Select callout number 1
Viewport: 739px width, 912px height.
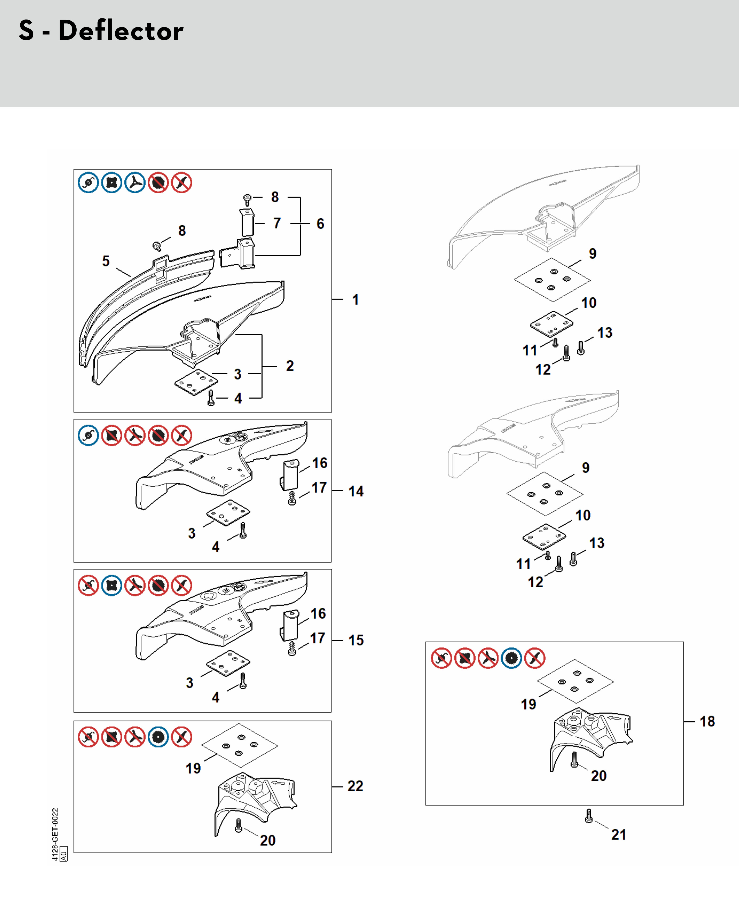tap(355, 300)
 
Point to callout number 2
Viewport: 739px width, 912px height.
tap(290, 366)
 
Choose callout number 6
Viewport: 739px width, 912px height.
tap(320, 224)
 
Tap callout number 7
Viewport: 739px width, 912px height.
tap(277, 223)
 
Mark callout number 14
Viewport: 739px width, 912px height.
tap(356, 491)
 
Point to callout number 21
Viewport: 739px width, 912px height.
tap(619, 835)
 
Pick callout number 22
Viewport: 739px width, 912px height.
tap(355, 786)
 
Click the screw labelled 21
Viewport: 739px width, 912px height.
tap(589, 816)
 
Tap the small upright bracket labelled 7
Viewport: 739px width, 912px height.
tap(247, 222)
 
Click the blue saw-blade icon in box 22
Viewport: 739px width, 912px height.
tap(158, 737)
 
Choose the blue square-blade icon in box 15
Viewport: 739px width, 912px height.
tap(112, 585)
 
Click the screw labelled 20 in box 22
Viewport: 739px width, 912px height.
tap(238, 825)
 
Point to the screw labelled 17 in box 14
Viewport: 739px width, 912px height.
tap(292, 498)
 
